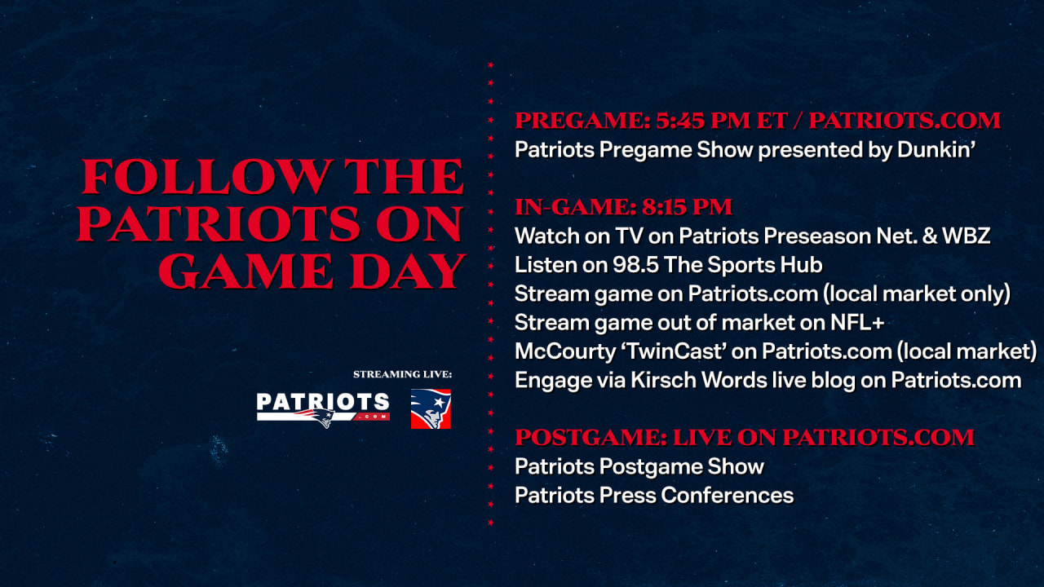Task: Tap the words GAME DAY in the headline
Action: point(312,271)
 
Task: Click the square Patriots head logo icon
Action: point(431,409)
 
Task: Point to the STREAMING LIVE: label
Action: point(402,374)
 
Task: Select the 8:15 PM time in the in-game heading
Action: point(687,207)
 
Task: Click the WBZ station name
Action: point(967,236)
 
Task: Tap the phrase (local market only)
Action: point(917,294)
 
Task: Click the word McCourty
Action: point(565,351)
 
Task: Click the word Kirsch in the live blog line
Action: point(664,380)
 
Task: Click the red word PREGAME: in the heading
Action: point(582,121)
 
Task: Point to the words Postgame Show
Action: point(682,467)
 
